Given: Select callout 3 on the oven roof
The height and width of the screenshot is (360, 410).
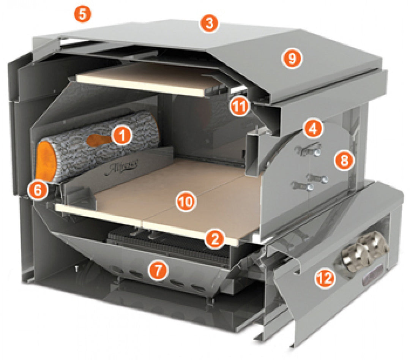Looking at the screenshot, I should click(209, 24).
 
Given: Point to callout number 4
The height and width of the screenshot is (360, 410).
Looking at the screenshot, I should click(313, 129).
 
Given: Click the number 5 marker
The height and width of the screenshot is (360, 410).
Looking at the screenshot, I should click(82, 15).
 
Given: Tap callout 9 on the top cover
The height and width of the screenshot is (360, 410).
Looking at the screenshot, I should click(292, 58).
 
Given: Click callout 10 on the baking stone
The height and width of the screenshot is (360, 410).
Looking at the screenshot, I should click(186, 202).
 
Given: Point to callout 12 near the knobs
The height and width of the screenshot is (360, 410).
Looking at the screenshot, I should click(325, 279).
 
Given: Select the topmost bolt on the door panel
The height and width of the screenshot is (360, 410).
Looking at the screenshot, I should click(316, 153).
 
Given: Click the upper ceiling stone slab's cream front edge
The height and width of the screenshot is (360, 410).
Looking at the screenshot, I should click(140, 86).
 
